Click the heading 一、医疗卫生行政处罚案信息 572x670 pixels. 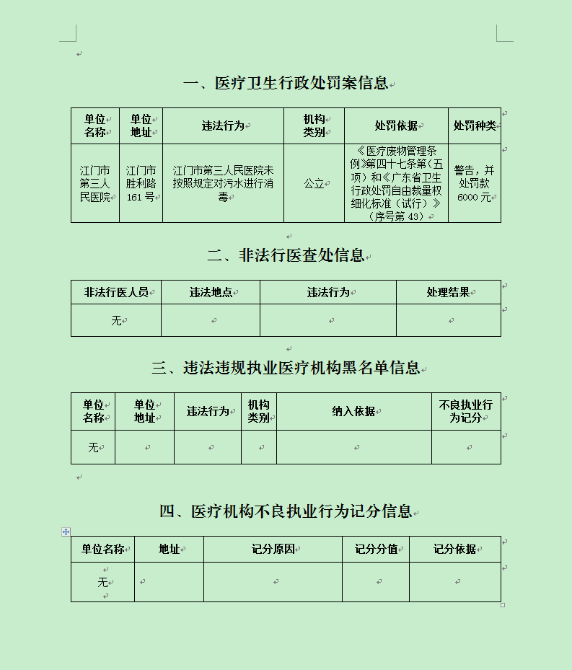point(286,83)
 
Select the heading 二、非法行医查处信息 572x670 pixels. point(286,255)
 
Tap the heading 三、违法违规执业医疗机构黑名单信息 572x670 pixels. point(286,368)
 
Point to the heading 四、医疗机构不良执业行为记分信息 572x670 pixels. point(286,511)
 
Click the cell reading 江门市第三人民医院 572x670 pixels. point(95,184)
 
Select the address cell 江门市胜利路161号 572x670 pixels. point(141,184)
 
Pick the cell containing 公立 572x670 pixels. point(314,184)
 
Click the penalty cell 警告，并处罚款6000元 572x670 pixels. point(475,184)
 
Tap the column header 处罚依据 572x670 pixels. point(396,125)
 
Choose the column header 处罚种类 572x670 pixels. point(475,125)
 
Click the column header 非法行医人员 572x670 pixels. point(116,292)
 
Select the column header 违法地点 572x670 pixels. point(211,292)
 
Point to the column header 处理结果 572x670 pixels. point(448,292)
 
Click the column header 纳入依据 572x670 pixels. point(353,411)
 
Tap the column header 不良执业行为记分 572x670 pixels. point(465,411)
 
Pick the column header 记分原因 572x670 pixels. point(273,549)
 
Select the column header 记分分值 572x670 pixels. point(377,549)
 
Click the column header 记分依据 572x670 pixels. point(455,549)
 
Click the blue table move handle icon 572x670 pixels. point(66,532)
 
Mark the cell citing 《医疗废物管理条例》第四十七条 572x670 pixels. point(396,184)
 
